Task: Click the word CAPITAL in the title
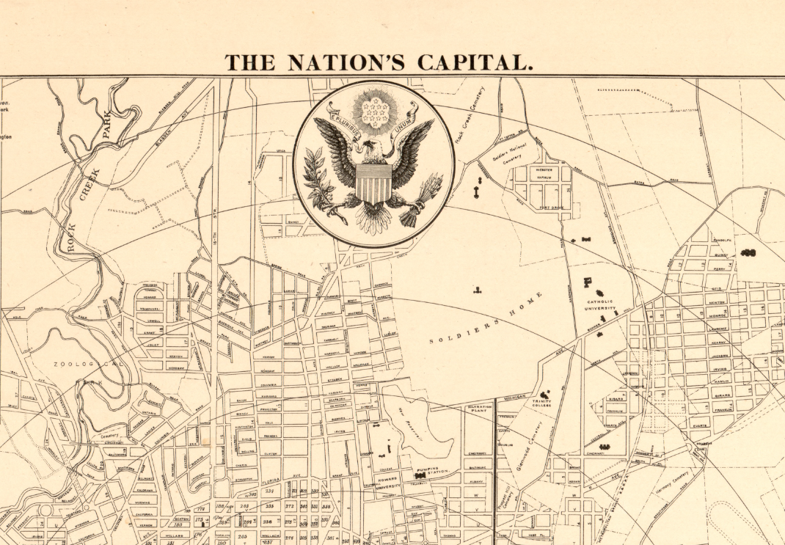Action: [475, 62]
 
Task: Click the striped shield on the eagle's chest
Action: [373, 183]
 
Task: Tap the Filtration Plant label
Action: [478, 409]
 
